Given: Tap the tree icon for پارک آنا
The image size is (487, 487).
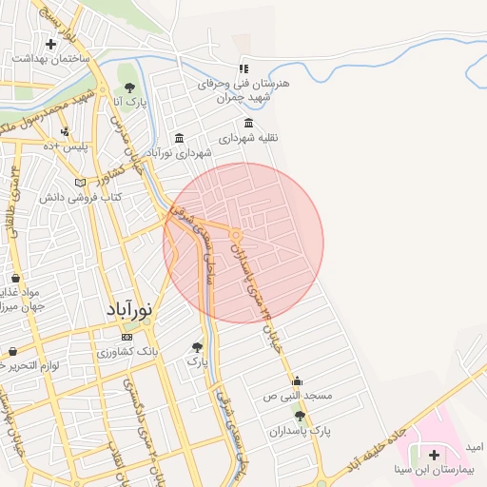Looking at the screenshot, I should tap(129, 88).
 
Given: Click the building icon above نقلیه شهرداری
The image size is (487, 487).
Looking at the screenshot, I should tap(249, 123).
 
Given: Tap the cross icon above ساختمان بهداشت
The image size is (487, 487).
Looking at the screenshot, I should tap(50, 44).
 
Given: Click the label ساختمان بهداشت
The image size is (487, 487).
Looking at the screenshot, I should tap(50, 58).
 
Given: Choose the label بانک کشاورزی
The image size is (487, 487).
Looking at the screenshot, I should tap(130, 351).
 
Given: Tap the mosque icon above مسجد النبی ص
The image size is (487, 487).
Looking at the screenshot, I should tap(297, 380).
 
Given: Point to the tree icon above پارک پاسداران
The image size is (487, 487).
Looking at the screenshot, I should tap(301, 417).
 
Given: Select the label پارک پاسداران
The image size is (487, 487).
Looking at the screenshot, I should tap(301, 431).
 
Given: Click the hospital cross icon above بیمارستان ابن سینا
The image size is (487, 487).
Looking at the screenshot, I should tap(434, 456).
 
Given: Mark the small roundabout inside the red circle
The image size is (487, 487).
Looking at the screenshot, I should tap(235, 234).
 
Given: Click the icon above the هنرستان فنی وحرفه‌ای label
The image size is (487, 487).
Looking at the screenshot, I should tap(243, 68).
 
